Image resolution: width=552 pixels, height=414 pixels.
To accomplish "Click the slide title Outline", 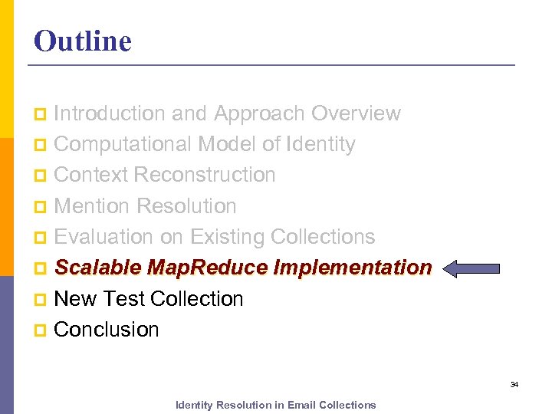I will click(x=83, y=41).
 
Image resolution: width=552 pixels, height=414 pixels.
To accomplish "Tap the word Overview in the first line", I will click(x=356, y=113).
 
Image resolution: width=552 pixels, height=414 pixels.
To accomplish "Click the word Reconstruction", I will click(x=204, y=175).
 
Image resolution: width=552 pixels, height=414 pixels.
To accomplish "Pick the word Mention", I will click(x=92, y=206).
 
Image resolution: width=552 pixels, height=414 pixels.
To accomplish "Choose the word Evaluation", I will click(x=105, y=237).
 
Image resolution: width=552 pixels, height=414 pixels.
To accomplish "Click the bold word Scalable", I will click(x=97, y=268).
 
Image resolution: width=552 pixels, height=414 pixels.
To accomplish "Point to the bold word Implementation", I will click(x=352, y=268).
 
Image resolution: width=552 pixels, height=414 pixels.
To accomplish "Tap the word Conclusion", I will click(x=107, y=330).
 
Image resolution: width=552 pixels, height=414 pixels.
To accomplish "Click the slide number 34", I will click(x=514, y=384).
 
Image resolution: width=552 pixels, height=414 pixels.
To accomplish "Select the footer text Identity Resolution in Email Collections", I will click(x=275, y=405).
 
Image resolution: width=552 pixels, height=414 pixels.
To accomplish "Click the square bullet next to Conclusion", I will click(x=41, y=330).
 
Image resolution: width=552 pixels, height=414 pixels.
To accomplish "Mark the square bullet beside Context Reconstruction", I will click(x=41, y=176).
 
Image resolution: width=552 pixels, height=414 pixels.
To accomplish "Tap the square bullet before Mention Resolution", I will click(x=41, y=207).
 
